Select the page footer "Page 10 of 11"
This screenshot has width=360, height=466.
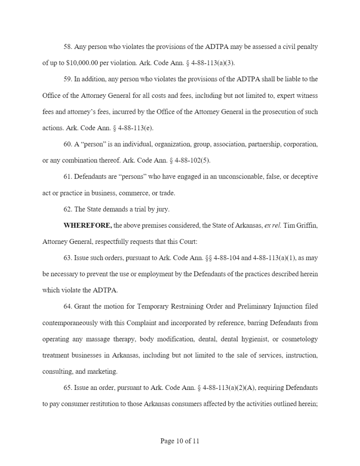180,441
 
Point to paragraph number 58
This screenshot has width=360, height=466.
68,47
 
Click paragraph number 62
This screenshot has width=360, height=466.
68,209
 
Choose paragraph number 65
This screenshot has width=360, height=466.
68,388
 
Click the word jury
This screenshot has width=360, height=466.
162,209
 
